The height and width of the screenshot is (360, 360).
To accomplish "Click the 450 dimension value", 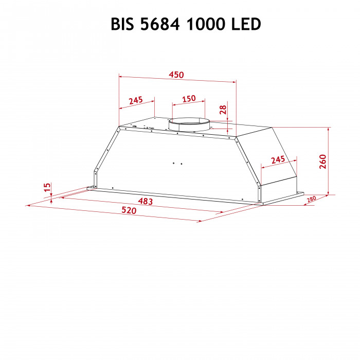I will tap(176, 75).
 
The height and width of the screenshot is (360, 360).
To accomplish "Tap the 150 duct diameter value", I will tap(189, 98).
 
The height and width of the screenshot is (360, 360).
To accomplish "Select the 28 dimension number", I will tap(222, 109).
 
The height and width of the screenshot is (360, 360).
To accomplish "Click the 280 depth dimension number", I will tap(311, 200).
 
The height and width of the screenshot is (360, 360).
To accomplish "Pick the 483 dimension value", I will tap(146, 201).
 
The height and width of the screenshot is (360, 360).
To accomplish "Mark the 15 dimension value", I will tap(47, 188).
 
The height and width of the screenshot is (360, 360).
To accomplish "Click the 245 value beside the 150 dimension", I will tap(135, 100).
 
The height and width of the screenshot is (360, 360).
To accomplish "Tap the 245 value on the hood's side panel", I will tap(278, 160).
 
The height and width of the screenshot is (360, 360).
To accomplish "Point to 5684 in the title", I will tap(161, 24).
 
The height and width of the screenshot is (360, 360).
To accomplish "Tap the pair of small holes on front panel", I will tap(177, 164).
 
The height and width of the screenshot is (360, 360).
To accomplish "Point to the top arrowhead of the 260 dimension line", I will tap(328, 129).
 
